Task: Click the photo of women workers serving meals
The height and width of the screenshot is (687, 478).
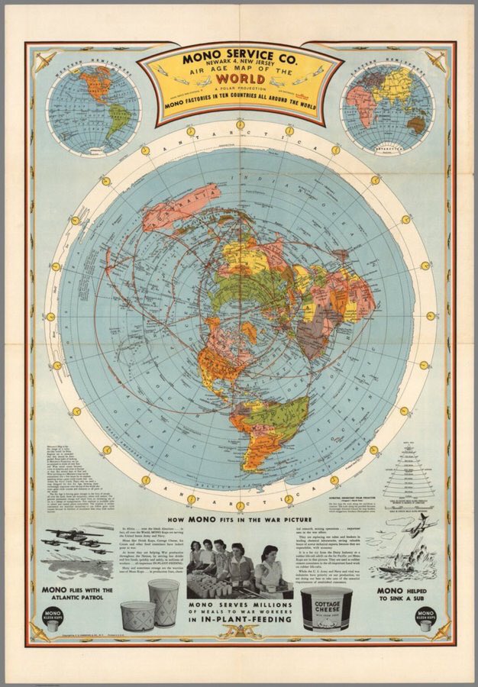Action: click(x=240, y=569)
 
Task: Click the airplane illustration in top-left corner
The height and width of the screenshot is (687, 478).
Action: click(x=44, y=59)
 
